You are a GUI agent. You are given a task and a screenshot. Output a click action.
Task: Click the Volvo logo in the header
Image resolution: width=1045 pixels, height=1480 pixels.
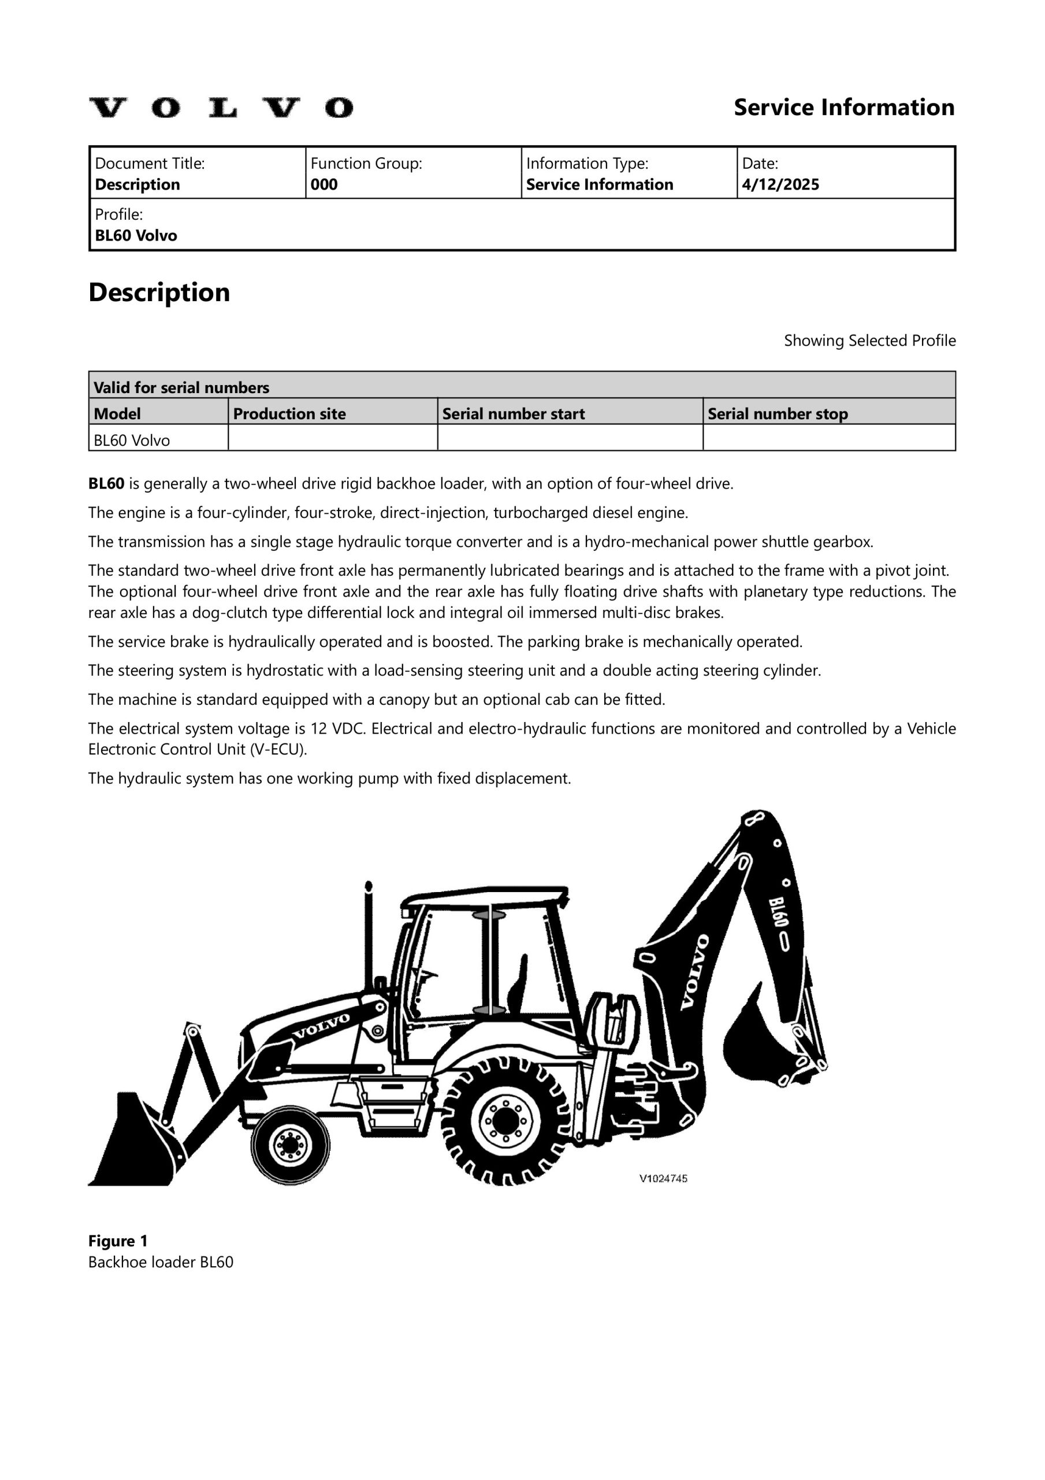220,108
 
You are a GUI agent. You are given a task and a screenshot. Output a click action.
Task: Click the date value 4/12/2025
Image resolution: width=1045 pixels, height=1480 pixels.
780,185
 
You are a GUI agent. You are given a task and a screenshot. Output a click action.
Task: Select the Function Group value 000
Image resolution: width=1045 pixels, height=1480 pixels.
324,185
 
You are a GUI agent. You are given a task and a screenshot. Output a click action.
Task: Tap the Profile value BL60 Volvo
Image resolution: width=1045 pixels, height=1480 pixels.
136,236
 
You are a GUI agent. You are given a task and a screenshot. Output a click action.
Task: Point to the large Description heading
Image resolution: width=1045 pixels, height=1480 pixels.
159,293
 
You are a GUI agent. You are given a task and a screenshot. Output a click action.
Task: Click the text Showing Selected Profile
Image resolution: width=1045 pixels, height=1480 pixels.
869,341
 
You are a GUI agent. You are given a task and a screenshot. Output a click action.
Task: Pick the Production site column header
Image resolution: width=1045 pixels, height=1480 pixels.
289,414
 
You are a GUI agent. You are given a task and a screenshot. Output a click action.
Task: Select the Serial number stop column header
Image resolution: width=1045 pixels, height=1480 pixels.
777,414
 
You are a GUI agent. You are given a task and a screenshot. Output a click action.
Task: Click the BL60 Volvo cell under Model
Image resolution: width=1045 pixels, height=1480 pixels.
132,441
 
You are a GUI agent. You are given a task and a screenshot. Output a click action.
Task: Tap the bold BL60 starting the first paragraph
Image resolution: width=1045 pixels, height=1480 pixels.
106,484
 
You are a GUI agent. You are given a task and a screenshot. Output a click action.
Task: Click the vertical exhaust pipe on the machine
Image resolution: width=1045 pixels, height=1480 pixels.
369,935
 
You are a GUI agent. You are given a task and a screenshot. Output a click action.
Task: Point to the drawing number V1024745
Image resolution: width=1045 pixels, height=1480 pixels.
663,1179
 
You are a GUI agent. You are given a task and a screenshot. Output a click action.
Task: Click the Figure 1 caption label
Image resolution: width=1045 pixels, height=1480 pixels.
118,1241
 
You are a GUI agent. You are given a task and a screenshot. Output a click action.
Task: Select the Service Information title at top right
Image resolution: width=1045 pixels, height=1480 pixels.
844,108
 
